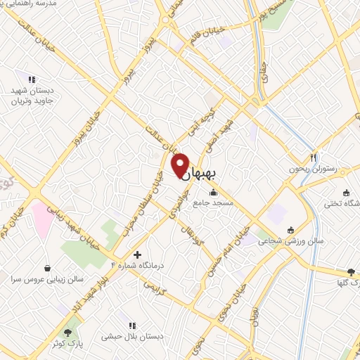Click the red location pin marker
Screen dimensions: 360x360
[180, 165]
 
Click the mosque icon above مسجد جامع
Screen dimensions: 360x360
[213, 192]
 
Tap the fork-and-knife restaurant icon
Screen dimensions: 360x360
[314, 157]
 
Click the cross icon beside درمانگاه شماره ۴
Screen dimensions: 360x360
[137, 254]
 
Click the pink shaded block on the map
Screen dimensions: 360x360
[39, 219]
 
